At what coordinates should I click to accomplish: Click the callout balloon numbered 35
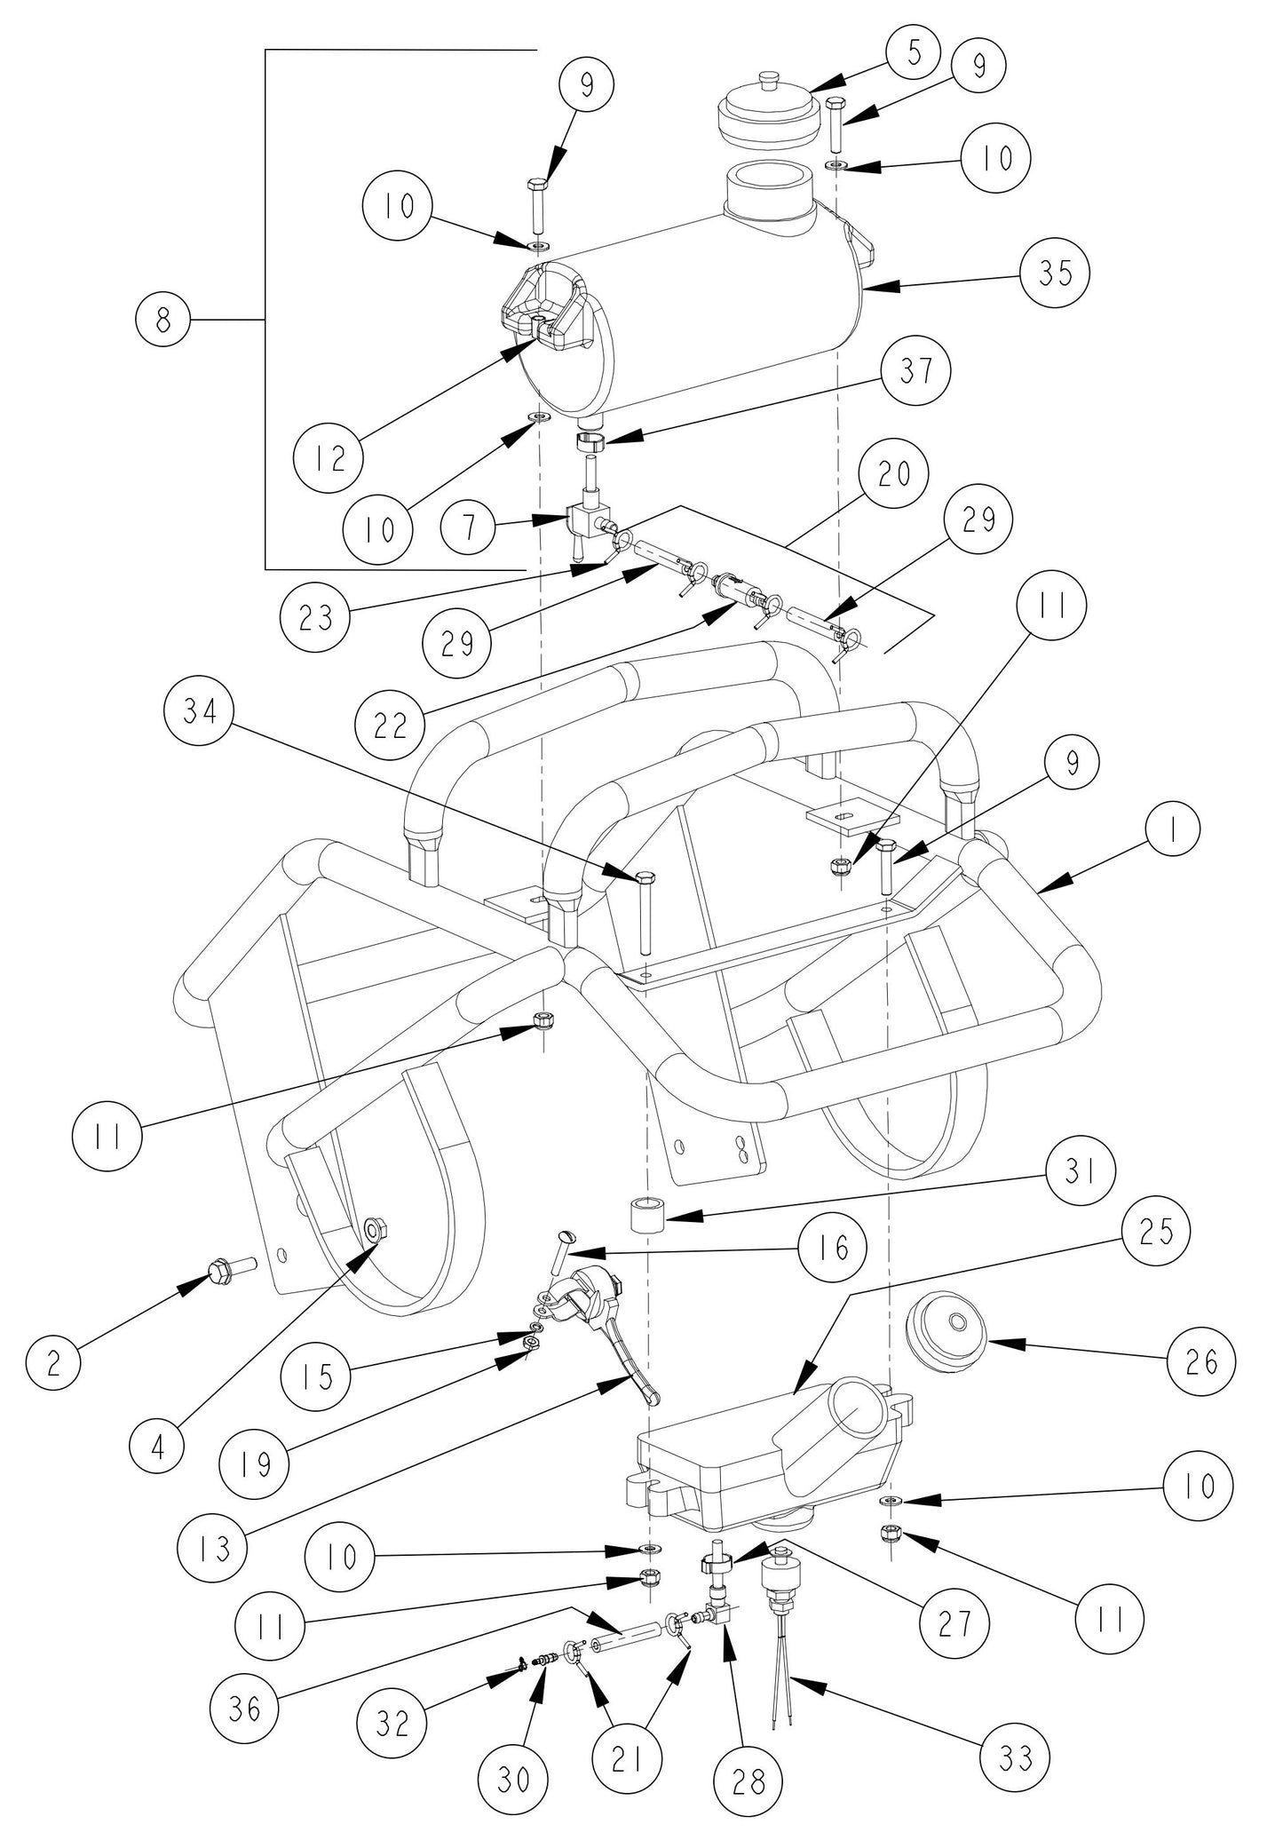click(x=1055, y=274)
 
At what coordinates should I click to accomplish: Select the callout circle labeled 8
click(x=163, y=320)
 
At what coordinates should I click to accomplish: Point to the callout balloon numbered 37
click(x=916, y=369)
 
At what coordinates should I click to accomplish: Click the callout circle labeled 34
click(x=200, y=712)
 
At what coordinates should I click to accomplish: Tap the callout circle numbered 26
click(x=1200, y=1361)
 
